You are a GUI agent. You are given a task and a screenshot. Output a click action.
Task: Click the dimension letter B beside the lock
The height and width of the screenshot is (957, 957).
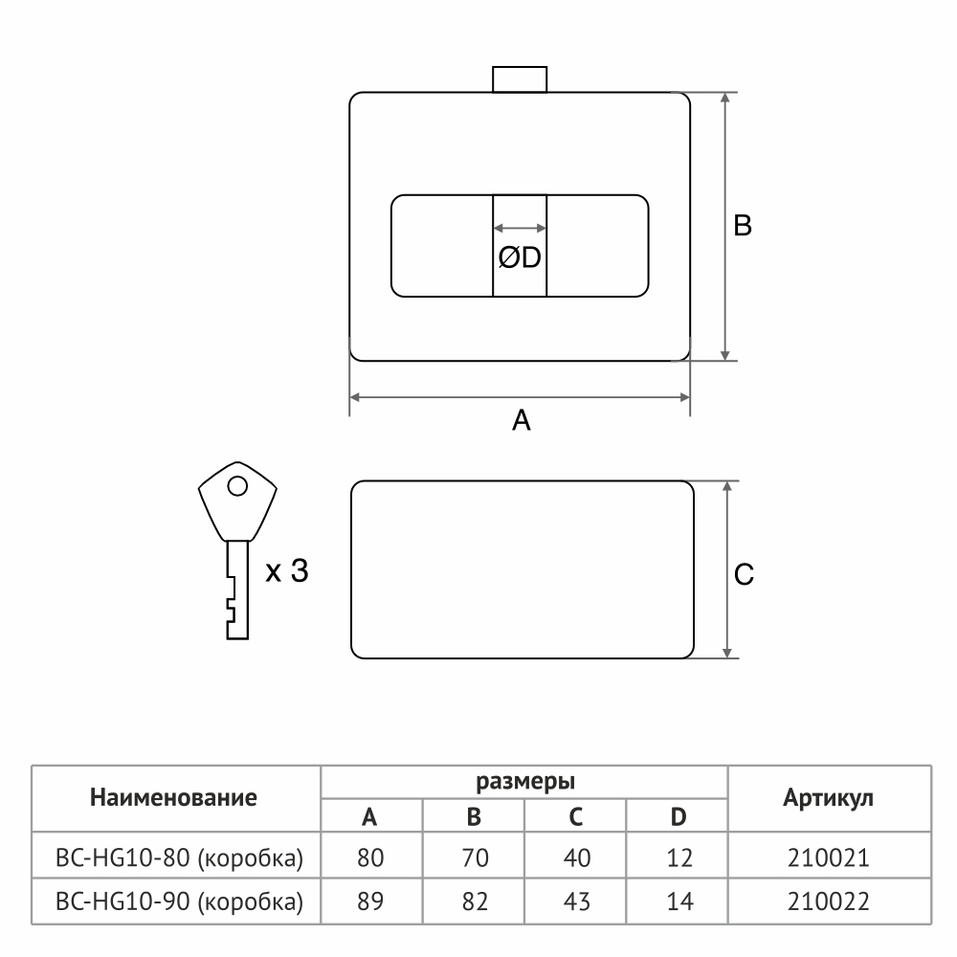click(743, 225)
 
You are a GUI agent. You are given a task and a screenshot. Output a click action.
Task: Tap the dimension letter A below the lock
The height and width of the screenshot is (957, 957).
click(522, 420)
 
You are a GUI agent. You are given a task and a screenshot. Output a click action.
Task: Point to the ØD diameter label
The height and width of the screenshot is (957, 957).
click(520, 257)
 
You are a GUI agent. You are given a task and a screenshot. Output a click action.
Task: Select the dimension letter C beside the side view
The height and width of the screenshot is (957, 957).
click(744, 574)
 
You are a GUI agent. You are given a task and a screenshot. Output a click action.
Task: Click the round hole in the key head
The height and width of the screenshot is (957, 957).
click(237, 486)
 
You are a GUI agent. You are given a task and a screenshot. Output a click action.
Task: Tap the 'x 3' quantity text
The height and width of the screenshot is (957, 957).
click(287, 570)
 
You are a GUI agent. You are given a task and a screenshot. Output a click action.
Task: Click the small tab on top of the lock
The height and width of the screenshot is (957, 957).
click(520, 79)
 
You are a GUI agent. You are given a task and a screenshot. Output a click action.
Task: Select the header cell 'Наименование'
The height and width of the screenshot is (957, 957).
click(173, 798)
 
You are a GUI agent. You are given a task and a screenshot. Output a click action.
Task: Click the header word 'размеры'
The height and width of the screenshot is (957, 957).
click(524, 782)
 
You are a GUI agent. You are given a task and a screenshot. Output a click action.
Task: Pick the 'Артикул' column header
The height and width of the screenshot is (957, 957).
click(828, 798)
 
